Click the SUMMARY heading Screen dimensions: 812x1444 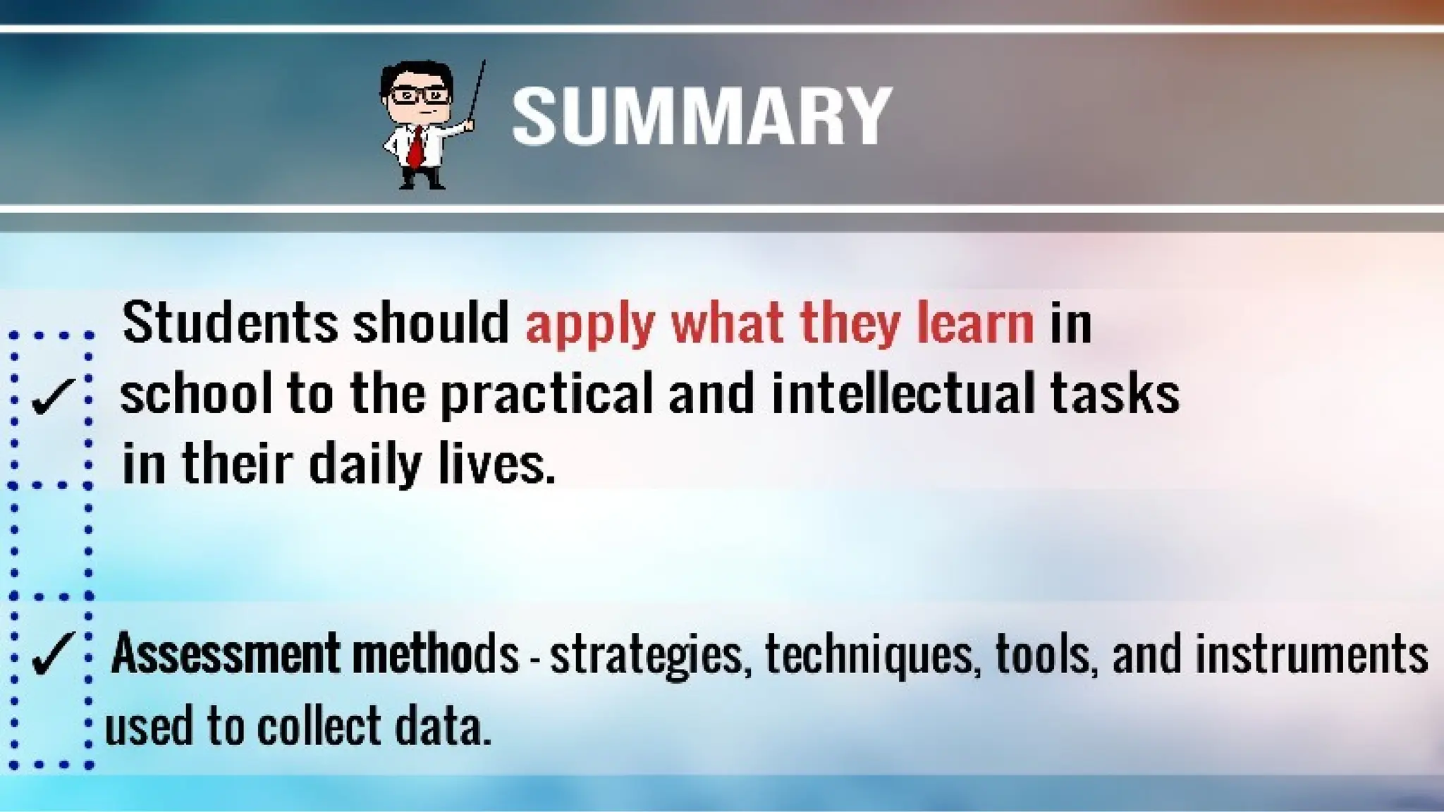[702, 116]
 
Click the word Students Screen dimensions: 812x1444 [230, 323]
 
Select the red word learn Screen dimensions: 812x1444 [974, 323]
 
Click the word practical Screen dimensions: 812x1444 [547, 395]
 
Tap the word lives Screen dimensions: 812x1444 [496, 464]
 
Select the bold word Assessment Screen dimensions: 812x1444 [226, 653]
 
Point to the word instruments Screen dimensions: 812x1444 [1311, 653]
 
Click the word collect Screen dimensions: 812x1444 [319, 726]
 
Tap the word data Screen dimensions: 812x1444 [442, 726]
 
